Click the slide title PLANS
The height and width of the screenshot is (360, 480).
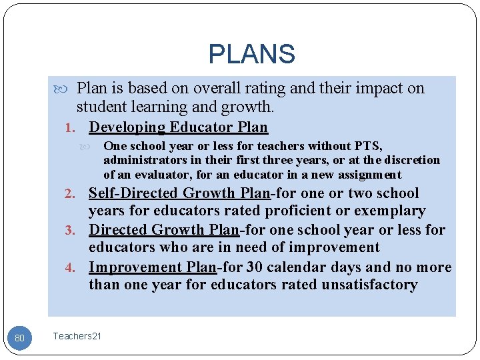tap(251, 54)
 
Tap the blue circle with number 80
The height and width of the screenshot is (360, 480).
tap(19, 338)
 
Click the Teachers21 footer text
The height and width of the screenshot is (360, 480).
tap(77, 336)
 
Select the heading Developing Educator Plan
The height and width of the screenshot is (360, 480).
tap(178, 127)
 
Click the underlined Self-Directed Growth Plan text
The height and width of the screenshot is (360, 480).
tap(179, 193)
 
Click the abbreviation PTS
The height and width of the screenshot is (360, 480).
tap(367, 146)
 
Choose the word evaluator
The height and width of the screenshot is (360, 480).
tap(154, 175)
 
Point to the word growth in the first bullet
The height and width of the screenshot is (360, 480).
tap(247, 107)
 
